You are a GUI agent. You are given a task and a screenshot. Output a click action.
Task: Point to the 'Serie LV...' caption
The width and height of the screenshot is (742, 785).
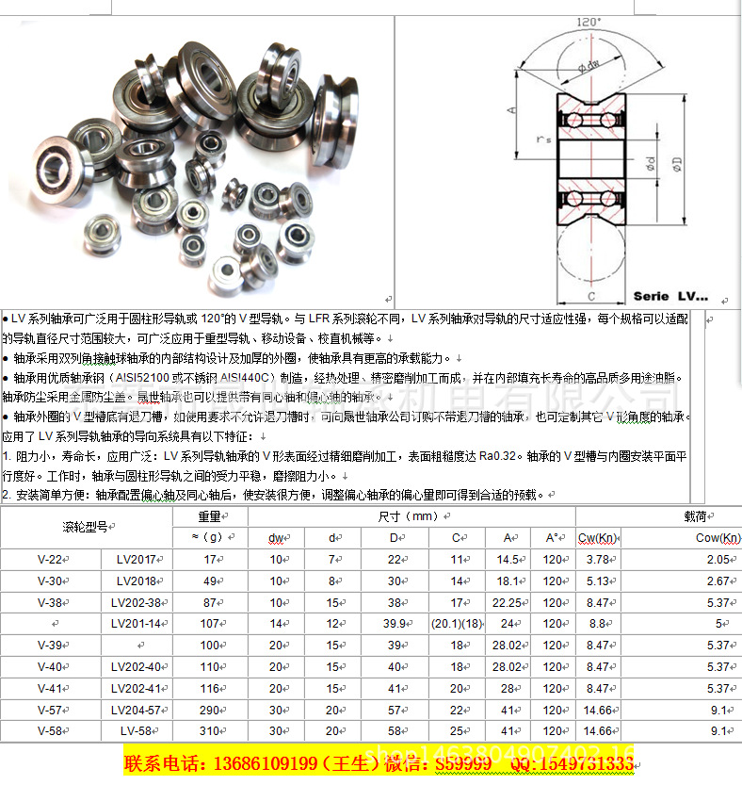[x=670, y=296]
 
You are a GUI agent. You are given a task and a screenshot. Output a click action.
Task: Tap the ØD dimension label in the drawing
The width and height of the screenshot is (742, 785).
[x=679, y=170]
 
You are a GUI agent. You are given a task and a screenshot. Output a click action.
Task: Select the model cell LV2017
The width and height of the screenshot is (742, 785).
[x=136, y=560]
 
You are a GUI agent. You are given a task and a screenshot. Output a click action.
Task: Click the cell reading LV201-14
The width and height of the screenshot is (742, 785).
[x=136, y=623]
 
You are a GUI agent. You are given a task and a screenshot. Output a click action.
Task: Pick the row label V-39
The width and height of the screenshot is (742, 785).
[x=49, y=645]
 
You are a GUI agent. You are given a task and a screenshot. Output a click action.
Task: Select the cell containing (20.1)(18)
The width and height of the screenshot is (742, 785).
[x=457, y=623]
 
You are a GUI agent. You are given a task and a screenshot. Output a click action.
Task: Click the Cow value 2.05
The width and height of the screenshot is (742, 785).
[x=718, y=560]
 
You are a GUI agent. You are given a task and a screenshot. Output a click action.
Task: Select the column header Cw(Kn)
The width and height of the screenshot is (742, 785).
[x=597, y=538]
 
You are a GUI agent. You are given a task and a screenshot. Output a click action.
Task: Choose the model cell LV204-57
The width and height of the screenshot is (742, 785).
[x=136, y=710]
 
